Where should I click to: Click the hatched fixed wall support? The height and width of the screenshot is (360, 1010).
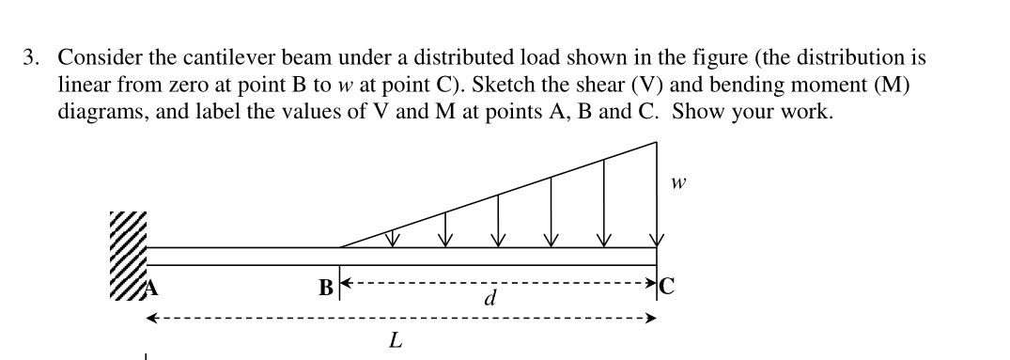(x=130, y=254)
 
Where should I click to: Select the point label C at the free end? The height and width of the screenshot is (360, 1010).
(x=667, y=287)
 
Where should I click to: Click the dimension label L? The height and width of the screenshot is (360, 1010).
(x=396, y=340)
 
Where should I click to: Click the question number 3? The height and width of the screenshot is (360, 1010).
(x=32, y=58)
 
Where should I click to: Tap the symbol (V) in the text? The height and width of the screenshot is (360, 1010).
(x=642, y=85)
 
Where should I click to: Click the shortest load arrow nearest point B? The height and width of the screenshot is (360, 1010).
(x=394, y=242)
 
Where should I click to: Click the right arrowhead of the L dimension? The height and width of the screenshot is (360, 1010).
(x=649, y=319)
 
